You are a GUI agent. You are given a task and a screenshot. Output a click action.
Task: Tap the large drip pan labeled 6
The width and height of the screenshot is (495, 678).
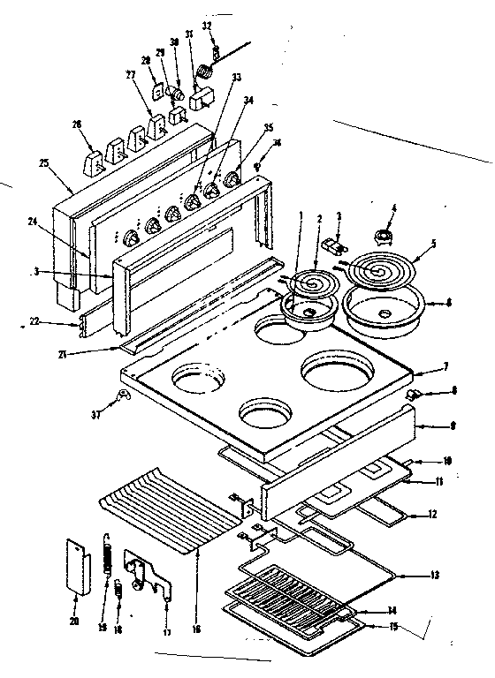coord(383,314)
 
